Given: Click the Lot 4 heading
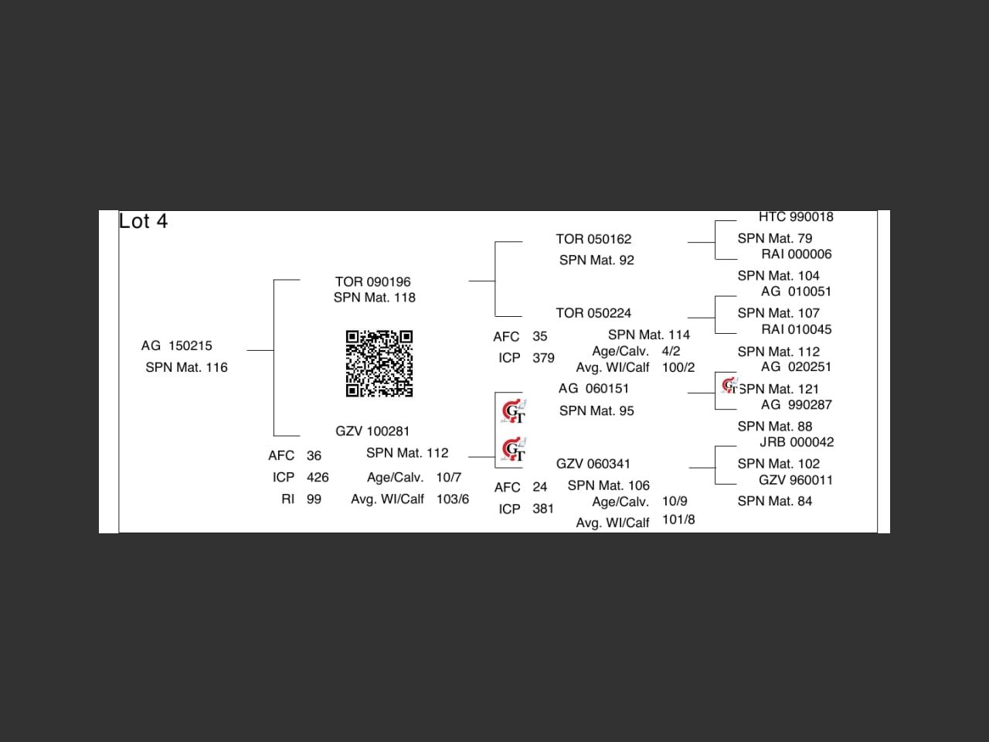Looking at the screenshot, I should tap(143, 222).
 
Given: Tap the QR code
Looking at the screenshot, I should tap(379, 363).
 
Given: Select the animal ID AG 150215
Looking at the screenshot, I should tap(177, 345).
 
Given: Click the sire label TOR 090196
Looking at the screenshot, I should tap(372, 282).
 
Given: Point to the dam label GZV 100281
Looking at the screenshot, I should tap(372, 431).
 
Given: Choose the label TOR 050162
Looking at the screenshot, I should tap(593, 240).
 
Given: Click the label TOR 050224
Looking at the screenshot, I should tap(593, 313).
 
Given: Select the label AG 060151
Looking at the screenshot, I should tap(593, 389).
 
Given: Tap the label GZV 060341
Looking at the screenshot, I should tap(593, 464).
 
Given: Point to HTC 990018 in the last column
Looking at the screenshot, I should tap(796, 217).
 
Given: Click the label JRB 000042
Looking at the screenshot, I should tap(797, 442).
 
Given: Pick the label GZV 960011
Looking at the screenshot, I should tap(796, 480).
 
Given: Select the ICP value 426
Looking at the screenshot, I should tap(318, 478).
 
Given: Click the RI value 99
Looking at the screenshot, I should tap(314, 499).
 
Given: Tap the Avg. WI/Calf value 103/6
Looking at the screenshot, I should tap(453, 499).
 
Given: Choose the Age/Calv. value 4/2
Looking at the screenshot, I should tap(671, 351).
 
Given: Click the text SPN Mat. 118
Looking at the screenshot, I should tap(375, 298).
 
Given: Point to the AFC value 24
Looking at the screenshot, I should tap(539, 487).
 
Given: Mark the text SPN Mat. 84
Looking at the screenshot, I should tap(775, 501).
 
